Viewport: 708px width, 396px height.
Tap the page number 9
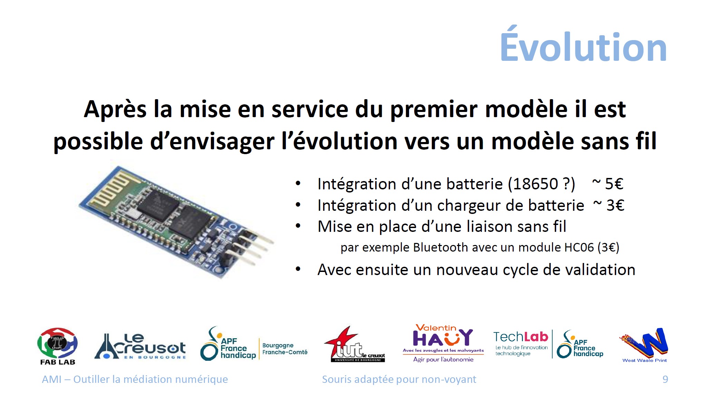point(665,379)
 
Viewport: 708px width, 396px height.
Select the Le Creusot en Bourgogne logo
point(140,346)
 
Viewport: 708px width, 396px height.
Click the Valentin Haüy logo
point(443,343)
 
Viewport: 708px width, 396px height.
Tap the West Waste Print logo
point(644,345)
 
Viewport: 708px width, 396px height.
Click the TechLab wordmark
point(521,337)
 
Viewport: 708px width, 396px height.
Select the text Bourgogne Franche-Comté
point(285,349)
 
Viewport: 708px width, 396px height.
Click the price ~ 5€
point(608,184)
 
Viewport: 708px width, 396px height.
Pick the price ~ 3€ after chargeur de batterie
point(609,205)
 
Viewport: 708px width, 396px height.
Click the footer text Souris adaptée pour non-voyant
point(399,379)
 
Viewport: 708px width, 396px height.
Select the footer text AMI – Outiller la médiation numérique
point(135,379)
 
